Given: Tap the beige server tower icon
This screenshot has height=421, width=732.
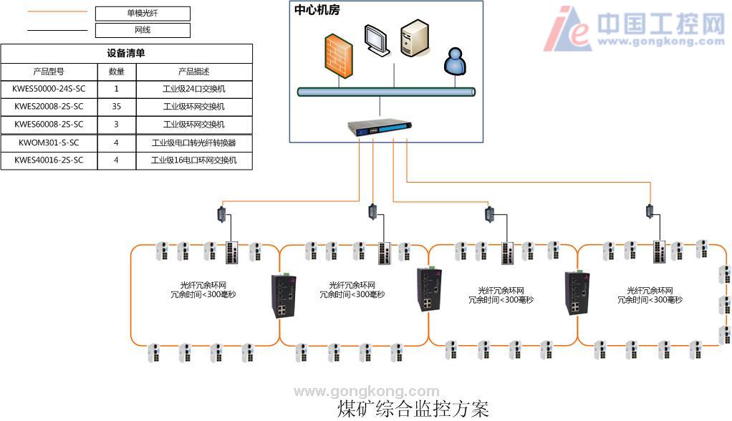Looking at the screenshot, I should tap(415, 39).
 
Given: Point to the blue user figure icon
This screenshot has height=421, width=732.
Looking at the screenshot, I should tap(455, 62).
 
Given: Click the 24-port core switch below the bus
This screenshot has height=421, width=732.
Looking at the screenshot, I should tap(380, 128).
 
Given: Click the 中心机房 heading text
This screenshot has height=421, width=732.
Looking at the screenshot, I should tap(318, 11).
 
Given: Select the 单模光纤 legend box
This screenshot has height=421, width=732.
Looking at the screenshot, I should tap(143, 14).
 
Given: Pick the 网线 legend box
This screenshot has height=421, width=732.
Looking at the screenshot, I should tap(143, 30).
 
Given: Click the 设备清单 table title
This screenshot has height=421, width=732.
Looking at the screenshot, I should tap(127, 54).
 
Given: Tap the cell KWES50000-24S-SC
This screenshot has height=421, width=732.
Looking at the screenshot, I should tap(49, 89).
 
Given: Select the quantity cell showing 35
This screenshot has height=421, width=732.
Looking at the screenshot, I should tap(116, 107).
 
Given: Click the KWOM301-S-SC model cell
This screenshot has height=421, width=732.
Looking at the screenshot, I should tap(49, 142).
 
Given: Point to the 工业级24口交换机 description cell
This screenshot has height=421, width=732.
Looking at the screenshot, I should tap(193, 89).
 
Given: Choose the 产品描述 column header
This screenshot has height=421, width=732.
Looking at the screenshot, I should tap(193, 72).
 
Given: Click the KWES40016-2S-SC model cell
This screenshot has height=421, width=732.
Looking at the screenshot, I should tap(49, 160).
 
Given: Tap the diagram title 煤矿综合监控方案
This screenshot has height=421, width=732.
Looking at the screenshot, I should tap(413, 409).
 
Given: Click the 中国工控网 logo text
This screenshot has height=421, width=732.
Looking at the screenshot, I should tap(659, 24).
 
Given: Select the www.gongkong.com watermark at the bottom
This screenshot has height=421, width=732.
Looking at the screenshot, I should tap(367, 391).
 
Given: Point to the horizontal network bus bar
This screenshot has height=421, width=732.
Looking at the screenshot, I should tap(387, 92).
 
